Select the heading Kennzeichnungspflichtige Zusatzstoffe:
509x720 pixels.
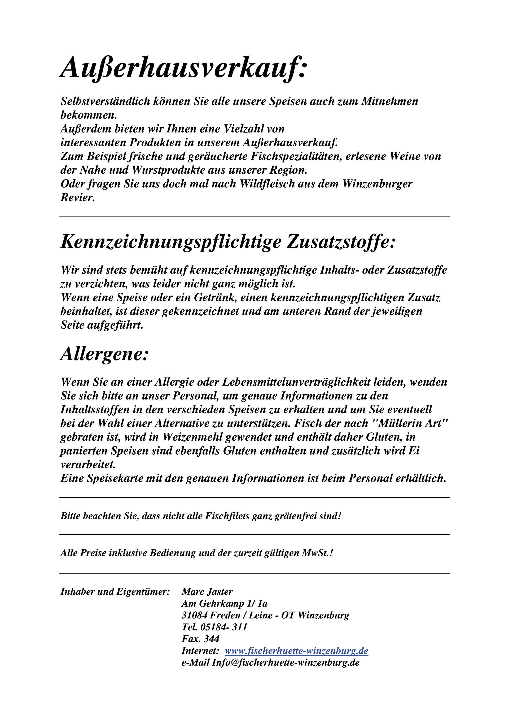(228, 242)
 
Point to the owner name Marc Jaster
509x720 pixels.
(207, 591)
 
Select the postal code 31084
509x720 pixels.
(194, 615)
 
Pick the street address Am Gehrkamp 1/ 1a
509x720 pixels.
(224, 603)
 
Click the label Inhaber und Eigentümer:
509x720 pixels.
(115, 591)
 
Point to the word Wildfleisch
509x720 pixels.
(267, 184)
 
